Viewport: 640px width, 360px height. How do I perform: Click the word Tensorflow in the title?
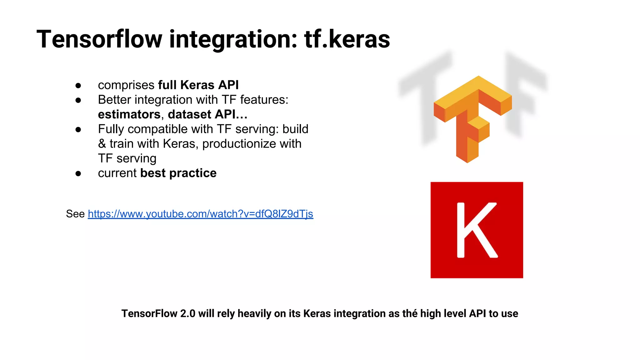99,39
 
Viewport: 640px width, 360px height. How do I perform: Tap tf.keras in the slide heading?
347,39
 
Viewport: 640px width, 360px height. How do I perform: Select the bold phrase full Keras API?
198,85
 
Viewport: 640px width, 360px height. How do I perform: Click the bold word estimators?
129,114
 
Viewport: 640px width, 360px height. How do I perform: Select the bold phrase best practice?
178,173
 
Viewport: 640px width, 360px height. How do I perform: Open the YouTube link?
200,214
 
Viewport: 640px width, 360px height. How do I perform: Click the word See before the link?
75,214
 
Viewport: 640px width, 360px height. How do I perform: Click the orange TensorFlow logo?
472,119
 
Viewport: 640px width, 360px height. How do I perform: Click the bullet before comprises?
78,85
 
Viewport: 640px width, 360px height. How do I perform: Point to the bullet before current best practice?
78,173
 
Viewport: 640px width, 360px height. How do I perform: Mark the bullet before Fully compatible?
78,129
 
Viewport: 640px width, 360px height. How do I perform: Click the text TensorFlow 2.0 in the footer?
158,313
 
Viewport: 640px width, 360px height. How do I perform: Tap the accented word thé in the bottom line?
410,313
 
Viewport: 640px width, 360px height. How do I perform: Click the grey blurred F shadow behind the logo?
525,91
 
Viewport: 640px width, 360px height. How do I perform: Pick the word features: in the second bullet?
264,100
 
